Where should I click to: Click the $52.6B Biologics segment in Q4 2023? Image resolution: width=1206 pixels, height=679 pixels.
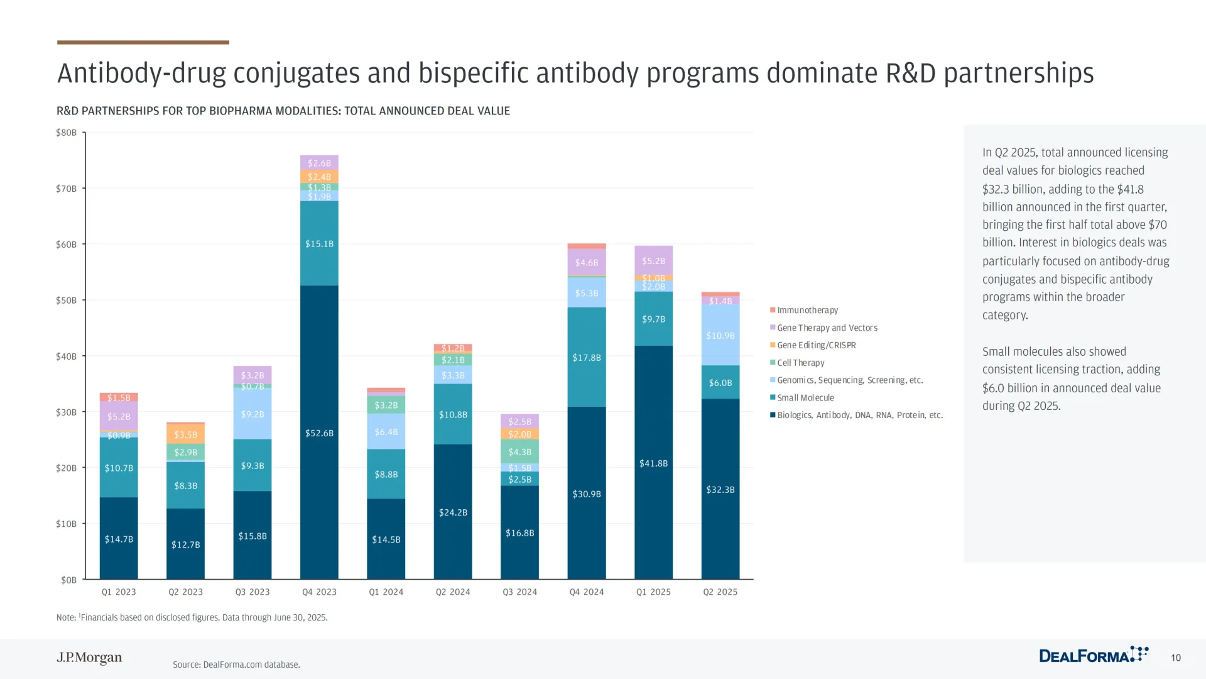click(319, 433)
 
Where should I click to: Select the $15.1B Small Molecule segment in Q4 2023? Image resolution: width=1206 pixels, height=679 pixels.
click(319, 243)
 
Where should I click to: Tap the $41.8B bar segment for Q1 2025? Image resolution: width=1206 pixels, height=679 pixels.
click(653, 463)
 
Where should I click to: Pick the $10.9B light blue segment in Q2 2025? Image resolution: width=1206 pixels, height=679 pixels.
click(720, 335)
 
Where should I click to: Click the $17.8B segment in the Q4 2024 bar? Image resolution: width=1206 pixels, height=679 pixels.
click(586, 357)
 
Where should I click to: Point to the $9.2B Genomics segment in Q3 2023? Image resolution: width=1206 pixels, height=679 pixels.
click(252, 414)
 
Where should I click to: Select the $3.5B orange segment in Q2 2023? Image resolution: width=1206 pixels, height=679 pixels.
click(185, 434)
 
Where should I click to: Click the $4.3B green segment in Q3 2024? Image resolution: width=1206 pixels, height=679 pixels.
click(519, 451)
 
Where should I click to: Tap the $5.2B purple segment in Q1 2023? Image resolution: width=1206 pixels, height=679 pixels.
click(119, 416)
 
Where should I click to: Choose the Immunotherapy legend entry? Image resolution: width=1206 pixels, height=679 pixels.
click(807, 310)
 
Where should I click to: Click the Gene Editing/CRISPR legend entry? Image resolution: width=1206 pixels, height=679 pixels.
click(816, 345)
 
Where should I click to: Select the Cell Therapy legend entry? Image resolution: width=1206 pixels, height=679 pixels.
click(800, 363)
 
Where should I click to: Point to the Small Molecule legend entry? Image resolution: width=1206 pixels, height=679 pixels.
click(805, 397)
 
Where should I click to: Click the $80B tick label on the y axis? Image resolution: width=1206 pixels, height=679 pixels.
click(66, 133)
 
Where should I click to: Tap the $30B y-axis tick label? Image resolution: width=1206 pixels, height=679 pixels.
click(66, 412)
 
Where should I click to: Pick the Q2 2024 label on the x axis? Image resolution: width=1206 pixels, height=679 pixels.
click(453, 592)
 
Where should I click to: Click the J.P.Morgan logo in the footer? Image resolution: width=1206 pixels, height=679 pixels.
click(89, 658)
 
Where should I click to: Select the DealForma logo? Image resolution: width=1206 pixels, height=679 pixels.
click(1093, 655)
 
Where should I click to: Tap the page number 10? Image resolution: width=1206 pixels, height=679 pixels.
click(1176, 658)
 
